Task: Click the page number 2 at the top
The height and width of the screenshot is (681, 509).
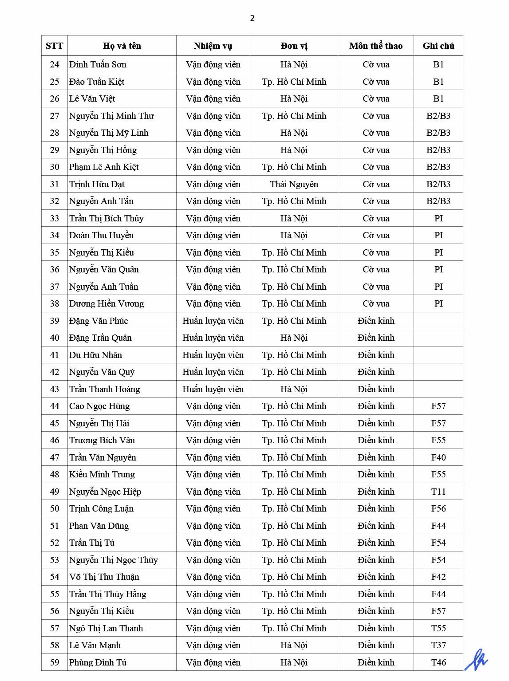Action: (x=253, y=18)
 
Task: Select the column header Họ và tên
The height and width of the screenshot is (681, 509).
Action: (x=122, y=46)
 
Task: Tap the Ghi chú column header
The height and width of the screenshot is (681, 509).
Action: (x=438, y=46)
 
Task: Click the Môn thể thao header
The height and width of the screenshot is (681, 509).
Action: (x=376, y=46)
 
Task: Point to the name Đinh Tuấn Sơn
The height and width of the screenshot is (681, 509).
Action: (x=98, y=65)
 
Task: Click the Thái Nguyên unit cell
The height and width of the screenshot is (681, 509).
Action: (x=294, y=184)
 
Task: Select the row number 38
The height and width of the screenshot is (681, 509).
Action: (x=55, y=304)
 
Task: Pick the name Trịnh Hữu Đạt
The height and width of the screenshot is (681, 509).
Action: (x=97, y=184)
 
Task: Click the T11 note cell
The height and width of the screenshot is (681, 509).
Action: (x=438, y=492)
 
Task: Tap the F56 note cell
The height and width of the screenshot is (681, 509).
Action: (x=438, y=509)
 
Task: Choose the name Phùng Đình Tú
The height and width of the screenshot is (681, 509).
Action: (x=98, y=662)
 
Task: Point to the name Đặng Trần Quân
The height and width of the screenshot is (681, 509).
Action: (x=100, y=338)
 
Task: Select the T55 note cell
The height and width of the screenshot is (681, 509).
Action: (x=438, y=628)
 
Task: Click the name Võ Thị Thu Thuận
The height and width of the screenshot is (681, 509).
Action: (x=104, y=577)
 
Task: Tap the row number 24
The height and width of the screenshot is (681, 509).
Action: (x=55, y=65)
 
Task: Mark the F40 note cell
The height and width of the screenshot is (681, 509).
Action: (x=438, y=457)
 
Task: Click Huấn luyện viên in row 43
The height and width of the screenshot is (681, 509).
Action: (x=213, y=390)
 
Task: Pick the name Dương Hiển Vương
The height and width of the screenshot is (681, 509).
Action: (x=107, y=304)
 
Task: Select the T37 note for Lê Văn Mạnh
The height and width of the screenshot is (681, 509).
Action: (x=438, y=646)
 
